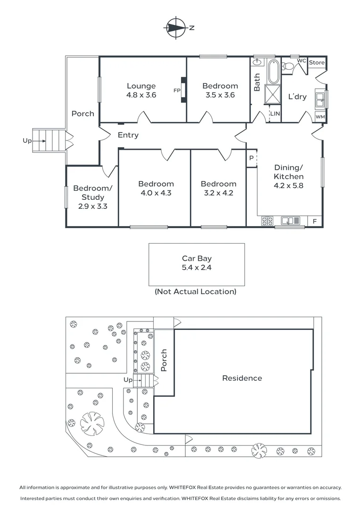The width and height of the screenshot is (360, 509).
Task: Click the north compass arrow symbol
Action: click(x=176, y=28)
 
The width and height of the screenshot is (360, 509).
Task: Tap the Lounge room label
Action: click(x=141, y=86)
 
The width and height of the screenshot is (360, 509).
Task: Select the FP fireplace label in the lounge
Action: click(x=177, y=90)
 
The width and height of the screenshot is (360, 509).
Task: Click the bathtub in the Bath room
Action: click(x=273, y=72)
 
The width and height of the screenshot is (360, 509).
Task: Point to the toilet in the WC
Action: click(x=287, y=66)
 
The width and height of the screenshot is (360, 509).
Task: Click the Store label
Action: click(x=317, y=62)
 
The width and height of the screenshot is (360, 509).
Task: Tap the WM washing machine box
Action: click(x=320, y=117)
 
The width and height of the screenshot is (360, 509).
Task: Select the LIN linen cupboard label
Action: click(x=275, y=114)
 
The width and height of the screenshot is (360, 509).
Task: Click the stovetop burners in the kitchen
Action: click(x=268, y=221)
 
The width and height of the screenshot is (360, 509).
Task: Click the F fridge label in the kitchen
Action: click(x=315, y=222)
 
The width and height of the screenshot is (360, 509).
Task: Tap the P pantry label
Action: click(x=251, y=158)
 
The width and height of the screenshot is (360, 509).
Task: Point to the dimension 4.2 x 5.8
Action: click(x=288, y=186)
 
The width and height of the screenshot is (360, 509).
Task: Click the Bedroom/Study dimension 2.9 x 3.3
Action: click(x=93, y=206)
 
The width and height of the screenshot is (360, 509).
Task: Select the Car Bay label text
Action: click(x=196, y=258)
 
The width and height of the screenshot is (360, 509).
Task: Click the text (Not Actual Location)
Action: click(x=196, y=292)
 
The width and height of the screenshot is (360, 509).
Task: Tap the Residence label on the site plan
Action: click(x=242, y=378)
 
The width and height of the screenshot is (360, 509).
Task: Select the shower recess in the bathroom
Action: click(x=273, y=94)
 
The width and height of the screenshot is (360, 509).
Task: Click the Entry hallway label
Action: click(x=128, y=135)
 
